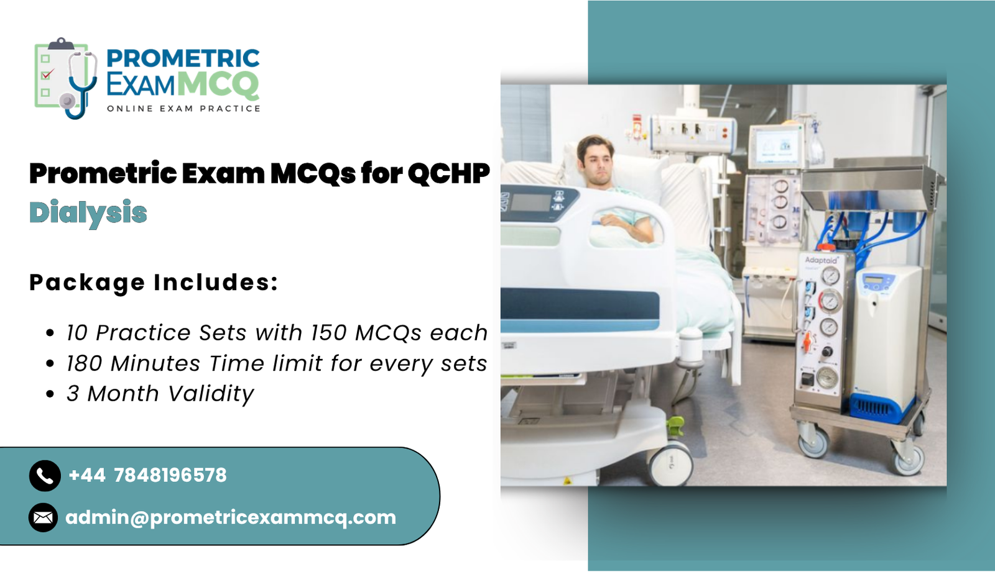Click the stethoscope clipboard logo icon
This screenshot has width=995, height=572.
point(65,78)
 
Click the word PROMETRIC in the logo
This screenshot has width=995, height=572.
point(183,58)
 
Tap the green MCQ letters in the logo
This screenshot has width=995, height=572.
point(218,85)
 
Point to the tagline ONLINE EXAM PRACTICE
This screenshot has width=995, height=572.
point(183,109)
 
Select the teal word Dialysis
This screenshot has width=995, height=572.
point(88,213)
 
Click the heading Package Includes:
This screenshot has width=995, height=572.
point(154,283)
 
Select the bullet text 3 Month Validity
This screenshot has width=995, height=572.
point(160,394)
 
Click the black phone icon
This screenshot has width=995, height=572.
point(45,476)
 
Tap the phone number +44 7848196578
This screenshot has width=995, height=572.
point(147,476)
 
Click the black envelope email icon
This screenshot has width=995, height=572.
point(44,517)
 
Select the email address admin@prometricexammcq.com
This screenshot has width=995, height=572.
point(231,517)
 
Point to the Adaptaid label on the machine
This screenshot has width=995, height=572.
point(821,260)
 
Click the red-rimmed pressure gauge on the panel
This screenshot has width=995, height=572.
point(830,301)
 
